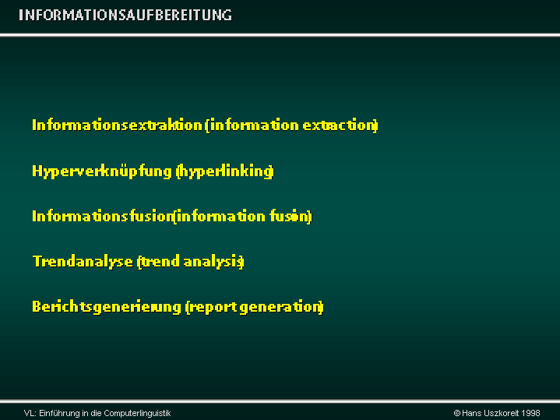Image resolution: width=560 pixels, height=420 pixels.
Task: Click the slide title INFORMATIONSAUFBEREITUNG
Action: tap(125, 15)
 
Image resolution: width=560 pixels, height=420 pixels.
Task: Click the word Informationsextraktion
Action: tap(118, 125)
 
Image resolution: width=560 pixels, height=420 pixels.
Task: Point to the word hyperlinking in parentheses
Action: tap(224, 171)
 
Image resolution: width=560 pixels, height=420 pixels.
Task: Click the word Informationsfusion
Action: tap(103, 217)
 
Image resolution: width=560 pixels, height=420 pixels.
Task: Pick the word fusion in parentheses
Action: tap(289, 217)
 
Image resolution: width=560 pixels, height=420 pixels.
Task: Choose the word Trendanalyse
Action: tap(83, 262)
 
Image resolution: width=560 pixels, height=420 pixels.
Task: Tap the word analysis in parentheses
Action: tap(213, 262)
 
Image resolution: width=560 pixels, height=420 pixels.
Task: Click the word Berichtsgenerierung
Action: tap(107, 307)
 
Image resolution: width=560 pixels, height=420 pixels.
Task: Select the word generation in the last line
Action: tap(280, 308)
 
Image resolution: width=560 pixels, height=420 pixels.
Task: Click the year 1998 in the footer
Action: tap(530, 413)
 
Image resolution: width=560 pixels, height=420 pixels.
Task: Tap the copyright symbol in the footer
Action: tap(456, 413)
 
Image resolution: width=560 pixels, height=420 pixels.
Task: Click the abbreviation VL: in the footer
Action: tap(30, 413)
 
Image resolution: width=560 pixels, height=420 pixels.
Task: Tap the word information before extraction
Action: tap(254, 125)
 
